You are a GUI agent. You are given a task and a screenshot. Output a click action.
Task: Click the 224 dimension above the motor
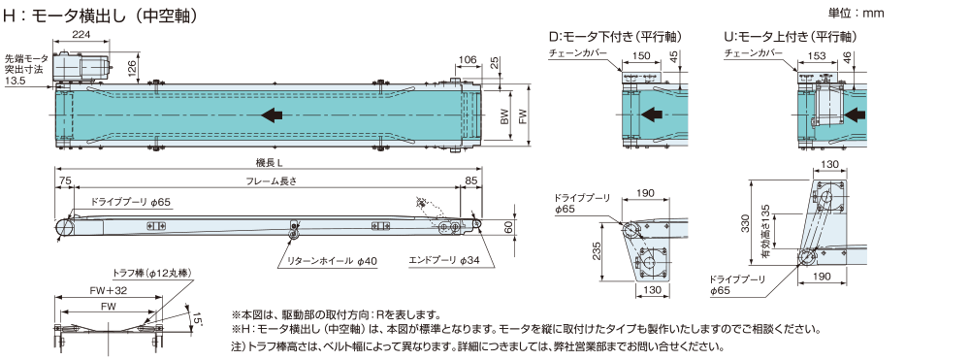[81, 35]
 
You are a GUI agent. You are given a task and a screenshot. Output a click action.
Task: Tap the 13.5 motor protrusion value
[15, 81]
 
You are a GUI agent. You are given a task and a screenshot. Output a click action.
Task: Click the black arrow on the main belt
[273, 115]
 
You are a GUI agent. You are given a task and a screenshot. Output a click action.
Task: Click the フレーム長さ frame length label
[271, 181]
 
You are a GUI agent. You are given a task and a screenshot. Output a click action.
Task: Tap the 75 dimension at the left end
[63, 181]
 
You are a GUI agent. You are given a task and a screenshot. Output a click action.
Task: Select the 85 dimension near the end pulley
[470, 181]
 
